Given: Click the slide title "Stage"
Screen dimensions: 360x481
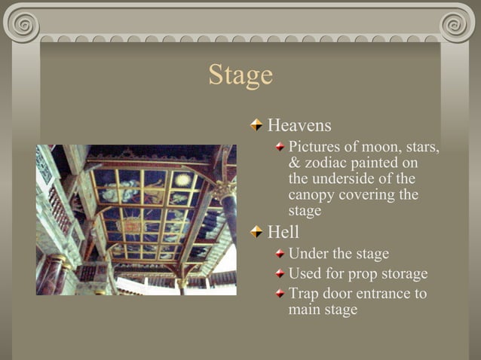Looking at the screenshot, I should (x=240, y=75).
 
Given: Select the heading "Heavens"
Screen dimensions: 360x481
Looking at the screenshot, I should (x=299, y=125).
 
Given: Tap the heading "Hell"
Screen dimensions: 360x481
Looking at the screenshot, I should (x=283, y=232).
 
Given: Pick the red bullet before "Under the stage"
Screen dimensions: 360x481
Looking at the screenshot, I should (x=280, y=255).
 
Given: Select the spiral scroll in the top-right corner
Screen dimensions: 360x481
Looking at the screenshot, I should (x=458, y=25).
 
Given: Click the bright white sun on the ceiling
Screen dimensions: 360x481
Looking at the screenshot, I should (x=182, y=179).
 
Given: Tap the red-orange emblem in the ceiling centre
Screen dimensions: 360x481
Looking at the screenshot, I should (x=133, y=224).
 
